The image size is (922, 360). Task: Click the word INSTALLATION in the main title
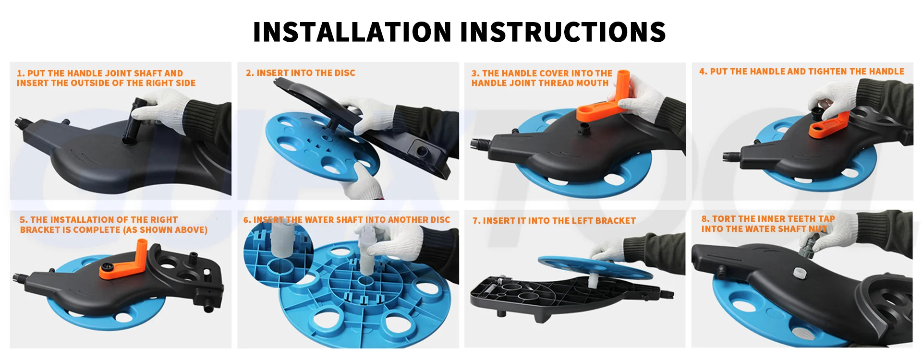pyautogui.click(x=352, y=32)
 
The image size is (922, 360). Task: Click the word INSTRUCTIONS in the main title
pyautogui.click(x=563, y=32)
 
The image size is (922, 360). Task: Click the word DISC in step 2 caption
pyautogui.click(x=345, y=73)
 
